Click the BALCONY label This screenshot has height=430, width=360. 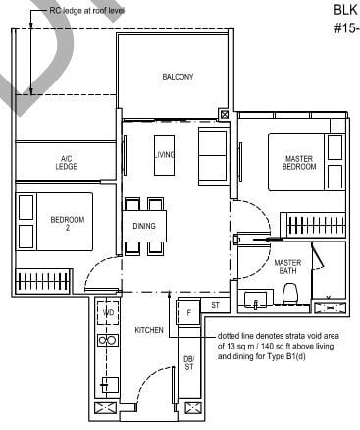pyautogui.click(x=178, y=77)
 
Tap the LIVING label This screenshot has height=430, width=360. pyautogui.click(x=164, y=154)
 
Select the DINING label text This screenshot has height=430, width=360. pyautogui.click(x=143, y=225)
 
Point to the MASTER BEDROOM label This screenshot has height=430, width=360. pyautogui.click(x=299, y=162)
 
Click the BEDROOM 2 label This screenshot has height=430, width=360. pyautogui.click(x=68, y=223)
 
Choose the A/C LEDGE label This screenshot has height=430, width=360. pyautogui.click(x=67, y=164)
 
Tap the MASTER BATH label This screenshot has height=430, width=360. pyautogui.click(x=287, y=267)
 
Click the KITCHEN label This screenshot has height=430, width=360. pyautogui.click(x=148, y=331)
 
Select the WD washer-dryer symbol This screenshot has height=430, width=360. pyautogui.click(x=108, y=314)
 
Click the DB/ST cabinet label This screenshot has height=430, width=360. pyautogui.click(x=189, y=365)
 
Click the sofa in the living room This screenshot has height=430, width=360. pyautogui.click(x=213, y=155)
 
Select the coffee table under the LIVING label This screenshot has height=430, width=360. pyautogui.click(x=164, y=154)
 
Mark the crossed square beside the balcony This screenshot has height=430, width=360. pyautogui.click(x=226, y=115)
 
